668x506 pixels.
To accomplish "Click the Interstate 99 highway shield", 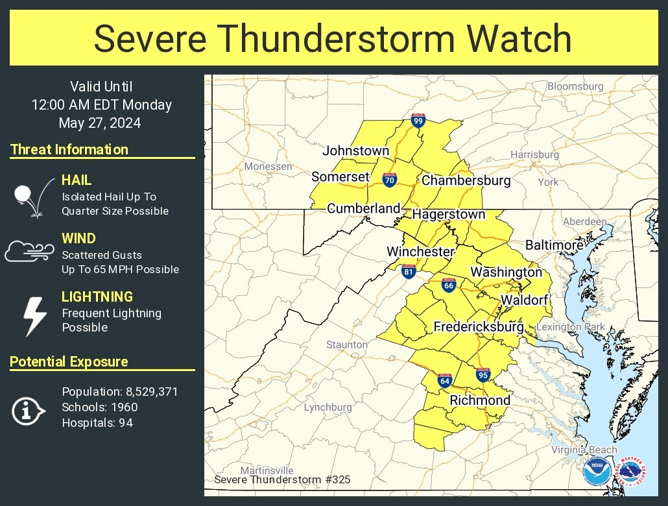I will (x=418, y=120).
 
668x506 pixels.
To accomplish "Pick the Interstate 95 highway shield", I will (x=483, y=374).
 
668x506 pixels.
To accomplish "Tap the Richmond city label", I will (x=480, y=400).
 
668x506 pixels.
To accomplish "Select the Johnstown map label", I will (x=355, y=151).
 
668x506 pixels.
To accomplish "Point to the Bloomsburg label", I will (x=575, y=86).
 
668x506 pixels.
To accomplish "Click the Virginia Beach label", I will (x=584, y=450).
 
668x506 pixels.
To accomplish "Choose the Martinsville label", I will (x=267, y=470).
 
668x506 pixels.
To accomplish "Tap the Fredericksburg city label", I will (x=478, y=327).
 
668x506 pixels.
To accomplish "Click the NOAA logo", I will (x=596, y=472).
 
